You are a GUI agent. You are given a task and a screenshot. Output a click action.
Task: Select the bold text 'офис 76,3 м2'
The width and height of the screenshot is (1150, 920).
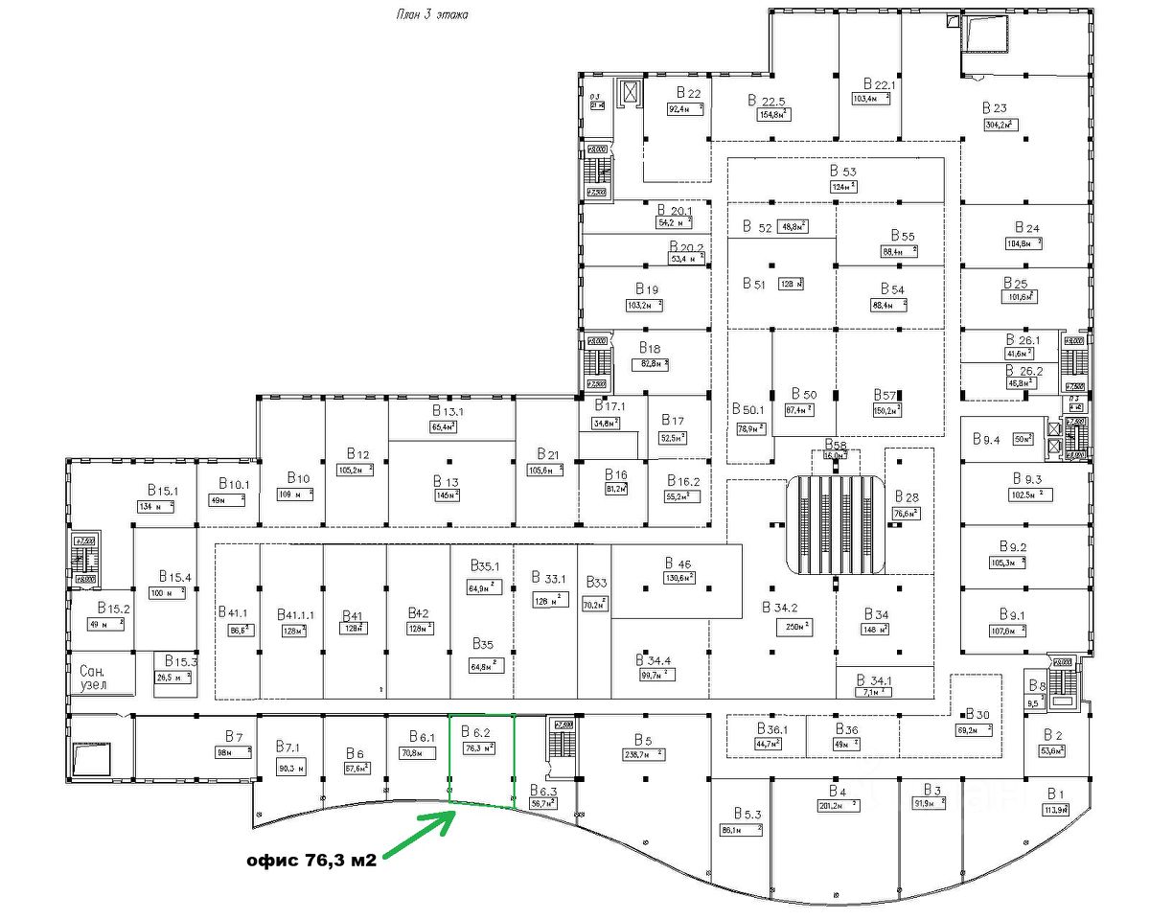[x=310, y=860]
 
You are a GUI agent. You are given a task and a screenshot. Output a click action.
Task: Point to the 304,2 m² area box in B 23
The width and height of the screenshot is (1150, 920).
[x=1000, y=125]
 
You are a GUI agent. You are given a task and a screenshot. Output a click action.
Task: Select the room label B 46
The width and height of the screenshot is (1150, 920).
[x=678, y=563]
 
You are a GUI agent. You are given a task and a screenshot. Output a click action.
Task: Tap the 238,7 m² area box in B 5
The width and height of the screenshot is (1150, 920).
[x=643, y=754]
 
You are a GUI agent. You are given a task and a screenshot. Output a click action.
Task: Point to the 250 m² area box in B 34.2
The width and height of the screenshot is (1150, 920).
[x=793, y=627]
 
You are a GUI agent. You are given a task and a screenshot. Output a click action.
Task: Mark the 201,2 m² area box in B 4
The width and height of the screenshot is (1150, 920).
[x=838, y=806]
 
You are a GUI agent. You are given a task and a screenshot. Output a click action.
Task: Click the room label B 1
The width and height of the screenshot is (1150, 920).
[x=1056, y=794]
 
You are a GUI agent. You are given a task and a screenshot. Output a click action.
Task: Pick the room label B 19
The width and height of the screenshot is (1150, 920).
[x=646, y=288]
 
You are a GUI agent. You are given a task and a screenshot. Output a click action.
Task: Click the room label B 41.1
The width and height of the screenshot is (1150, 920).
[x=233, y=612]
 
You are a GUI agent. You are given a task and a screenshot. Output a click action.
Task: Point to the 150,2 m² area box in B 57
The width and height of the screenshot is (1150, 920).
[x=885, y=410]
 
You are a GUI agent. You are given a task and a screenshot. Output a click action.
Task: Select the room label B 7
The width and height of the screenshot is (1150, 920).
[x=234, y=736]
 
